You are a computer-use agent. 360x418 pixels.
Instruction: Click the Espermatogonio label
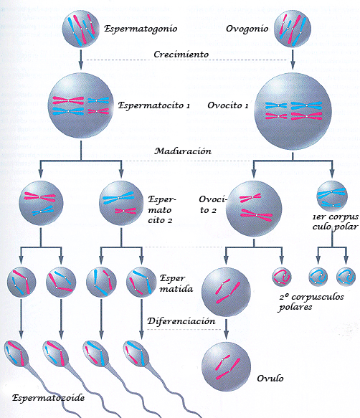141,29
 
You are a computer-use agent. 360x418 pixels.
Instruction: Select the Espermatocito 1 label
154,106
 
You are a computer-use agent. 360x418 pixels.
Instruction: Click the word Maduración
184,151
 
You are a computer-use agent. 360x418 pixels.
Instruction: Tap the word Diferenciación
181,321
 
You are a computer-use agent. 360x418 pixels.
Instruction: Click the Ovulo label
270,378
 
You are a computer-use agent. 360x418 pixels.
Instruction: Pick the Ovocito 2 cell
253,206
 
